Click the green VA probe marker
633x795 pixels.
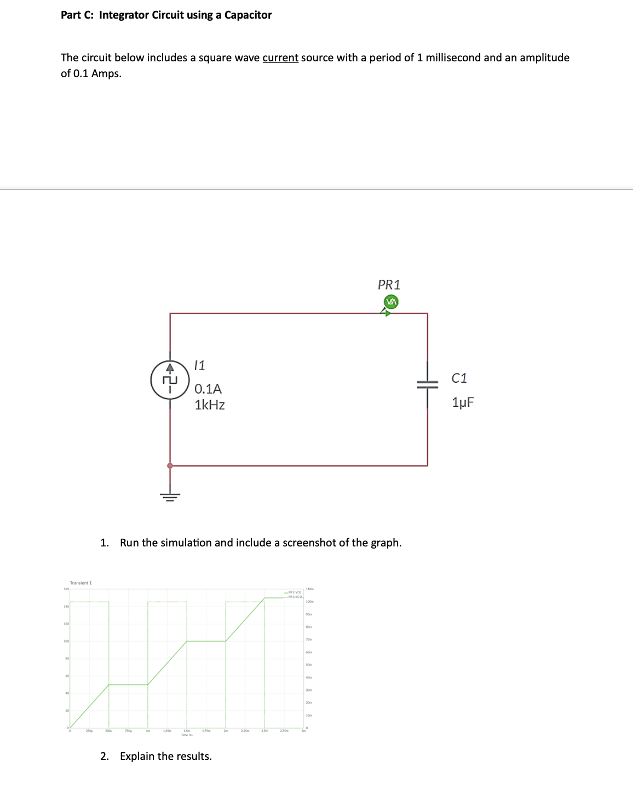[391, 302]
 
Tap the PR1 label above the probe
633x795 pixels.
[389, 285]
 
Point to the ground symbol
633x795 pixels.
[170, 496]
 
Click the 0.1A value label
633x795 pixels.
[208, 389]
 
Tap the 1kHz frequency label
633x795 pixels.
[210, 405]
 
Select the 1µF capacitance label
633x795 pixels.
[463, 402]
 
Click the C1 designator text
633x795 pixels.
[459, 378]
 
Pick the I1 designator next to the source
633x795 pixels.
[200, 365]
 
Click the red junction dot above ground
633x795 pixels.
[170, 466]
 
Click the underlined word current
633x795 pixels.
[280, 57]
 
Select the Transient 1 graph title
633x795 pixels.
[81, 583]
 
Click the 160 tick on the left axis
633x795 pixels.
[66, 589]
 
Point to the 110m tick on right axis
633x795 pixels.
[309, 589]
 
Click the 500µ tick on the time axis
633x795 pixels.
[109, 731]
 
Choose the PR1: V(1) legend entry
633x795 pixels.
[295, 592]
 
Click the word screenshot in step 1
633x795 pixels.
[308, 543]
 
